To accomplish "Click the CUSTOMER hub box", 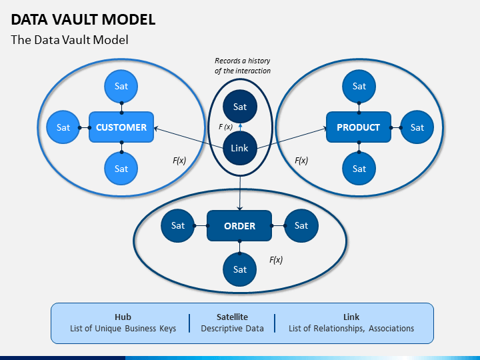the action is coord(121,127).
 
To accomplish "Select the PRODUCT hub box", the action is coord(359,127).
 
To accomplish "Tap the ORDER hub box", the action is coord(239,225).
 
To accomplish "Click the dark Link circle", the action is coord(240,148).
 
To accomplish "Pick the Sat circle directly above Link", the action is coord(240,107).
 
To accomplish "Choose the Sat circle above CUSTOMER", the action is coord(121,86).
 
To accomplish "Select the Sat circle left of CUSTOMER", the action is coord(63,127).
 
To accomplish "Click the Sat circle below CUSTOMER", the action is coord(121,169).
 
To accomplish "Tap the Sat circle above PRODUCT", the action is coord(359,86).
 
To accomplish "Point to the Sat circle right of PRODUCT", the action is coord(417,127).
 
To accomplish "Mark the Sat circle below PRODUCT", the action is coord(359,169).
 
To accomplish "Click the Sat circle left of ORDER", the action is coord(177,225).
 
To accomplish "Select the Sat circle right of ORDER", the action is coord(301,225).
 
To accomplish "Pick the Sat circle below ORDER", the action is coord(240,269).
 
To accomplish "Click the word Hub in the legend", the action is coord(123,317).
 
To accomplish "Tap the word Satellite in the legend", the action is coord(232,317).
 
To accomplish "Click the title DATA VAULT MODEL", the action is coord(83,19).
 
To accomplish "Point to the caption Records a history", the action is coord(242,61).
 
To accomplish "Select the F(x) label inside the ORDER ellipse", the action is coord(276,260).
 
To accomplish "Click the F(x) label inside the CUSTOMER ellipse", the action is coord(179,161).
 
